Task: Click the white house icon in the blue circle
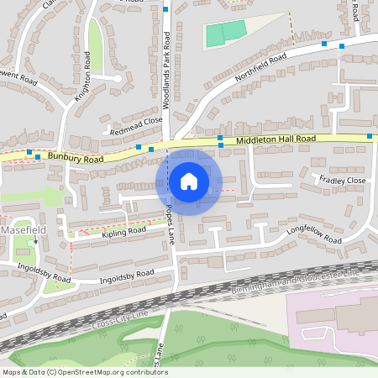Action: point(188,181)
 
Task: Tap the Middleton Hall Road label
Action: point(276,139)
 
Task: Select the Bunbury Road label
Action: point(75,157)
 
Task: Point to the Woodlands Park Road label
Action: point(166,71)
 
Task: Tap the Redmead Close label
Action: point(136,126)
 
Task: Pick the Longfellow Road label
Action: point(314,232)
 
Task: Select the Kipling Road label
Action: point(123,230)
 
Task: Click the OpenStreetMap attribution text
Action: point(84,372)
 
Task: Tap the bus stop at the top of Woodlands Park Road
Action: point(166,9)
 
